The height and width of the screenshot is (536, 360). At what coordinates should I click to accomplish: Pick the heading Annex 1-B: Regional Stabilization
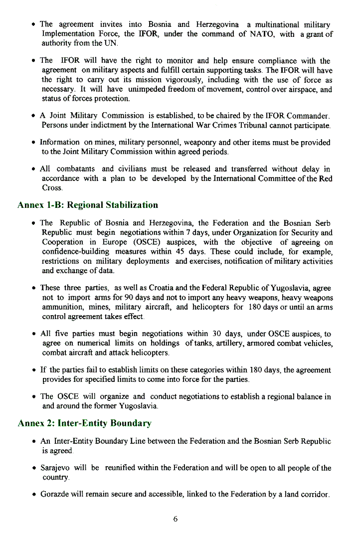(88, 205)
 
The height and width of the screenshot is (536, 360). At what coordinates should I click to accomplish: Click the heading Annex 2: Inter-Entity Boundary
(84, 423)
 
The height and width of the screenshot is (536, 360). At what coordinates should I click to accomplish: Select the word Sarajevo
(55, 468)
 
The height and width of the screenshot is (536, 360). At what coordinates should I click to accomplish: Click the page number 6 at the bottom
(176, 519)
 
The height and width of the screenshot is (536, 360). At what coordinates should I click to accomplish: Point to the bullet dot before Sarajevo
(33, 469)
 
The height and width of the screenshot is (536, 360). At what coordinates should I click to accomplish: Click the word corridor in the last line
(315, 495)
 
